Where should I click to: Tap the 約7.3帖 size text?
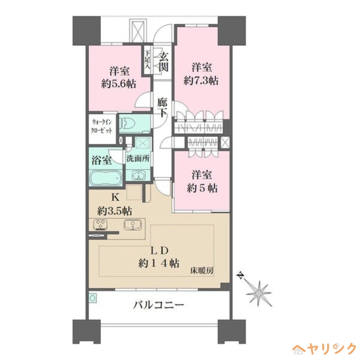[x=201, y=81]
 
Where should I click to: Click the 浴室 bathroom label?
[x=102, y=160]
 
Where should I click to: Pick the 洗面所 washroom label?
[x=138, y=158]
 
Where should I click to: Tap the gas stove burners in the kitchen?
[x=100, y=224]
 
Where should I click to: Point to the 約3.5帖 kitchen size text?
[x=115, y=210]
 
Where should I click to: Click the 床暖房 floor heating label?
[x=201, y=271]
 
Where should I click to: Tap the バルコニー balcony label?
[x=158, y=305]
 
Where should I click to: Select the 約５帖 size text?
[x=202, y=189]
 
